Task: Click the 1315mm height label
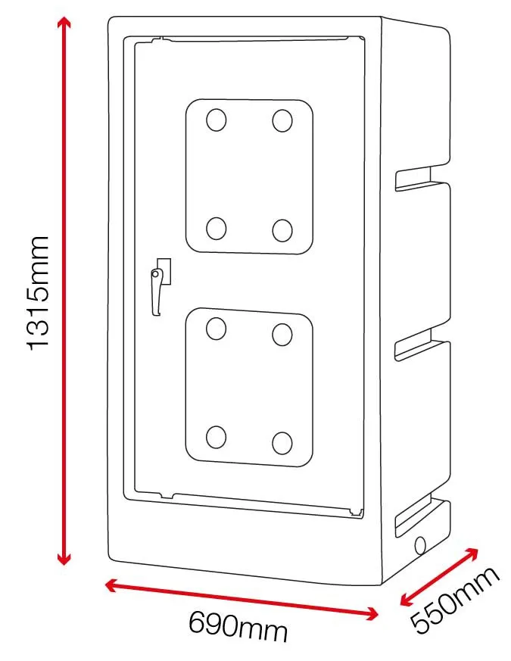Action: point(38,292)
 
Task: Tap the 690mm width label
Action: point(238,628)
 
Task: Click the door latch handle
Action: point(158,288)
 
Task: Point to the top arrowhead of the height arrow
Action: point(64,23)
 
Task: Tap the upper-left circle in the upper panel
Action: point(217,120)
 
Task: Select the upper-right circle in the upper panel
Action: point(282,120)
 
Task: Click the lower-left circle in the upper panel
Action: point(217,227)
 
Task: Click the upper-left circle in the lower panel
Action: point(217,328)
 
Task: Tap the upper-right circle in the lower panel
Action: point(282,333)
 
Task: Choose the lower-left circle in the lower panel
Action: point(217,437)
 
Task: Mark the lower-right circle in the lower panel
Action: point(282,442)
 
